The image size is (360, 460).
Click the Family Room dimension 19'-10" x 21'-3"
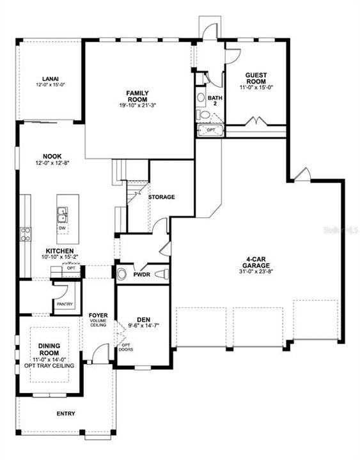139,105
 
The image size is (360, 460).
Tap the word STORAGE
161,197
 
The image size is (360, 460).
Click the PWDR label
141,275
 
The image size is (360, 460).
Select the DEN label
143,319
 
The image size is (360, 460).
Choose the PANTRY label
65,304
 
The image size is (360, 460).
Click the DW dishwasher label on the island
62,227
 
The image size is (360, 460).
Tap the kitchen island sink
63,213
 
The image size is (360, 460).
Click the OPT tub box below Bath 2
210,130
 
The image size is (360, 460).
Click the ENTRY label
65,413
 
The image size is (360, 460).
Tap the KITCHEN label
59,251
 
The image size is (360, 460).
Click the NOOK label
52,156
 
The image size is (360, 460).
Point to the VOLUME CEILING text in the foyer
98,323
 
